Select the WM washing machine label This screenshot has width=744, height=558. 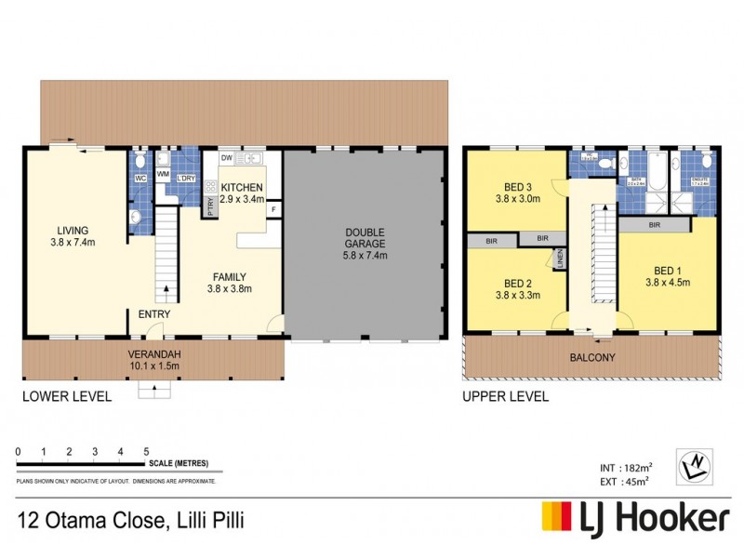point(163,174)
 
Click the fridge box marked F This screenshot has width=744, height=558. point(273,209)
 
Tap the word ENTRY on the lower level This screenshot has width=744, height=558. point(154,315)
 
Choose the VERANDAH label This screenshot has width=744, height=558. point(154,353)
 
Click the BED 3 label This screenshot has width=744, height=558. point(516,185)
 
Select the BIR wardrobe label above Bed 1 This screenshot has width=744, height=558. point(655,225)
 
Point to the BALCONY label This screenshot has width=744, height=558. point(591,357)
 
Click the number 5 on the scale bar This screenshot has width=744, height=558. point(147,452)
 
